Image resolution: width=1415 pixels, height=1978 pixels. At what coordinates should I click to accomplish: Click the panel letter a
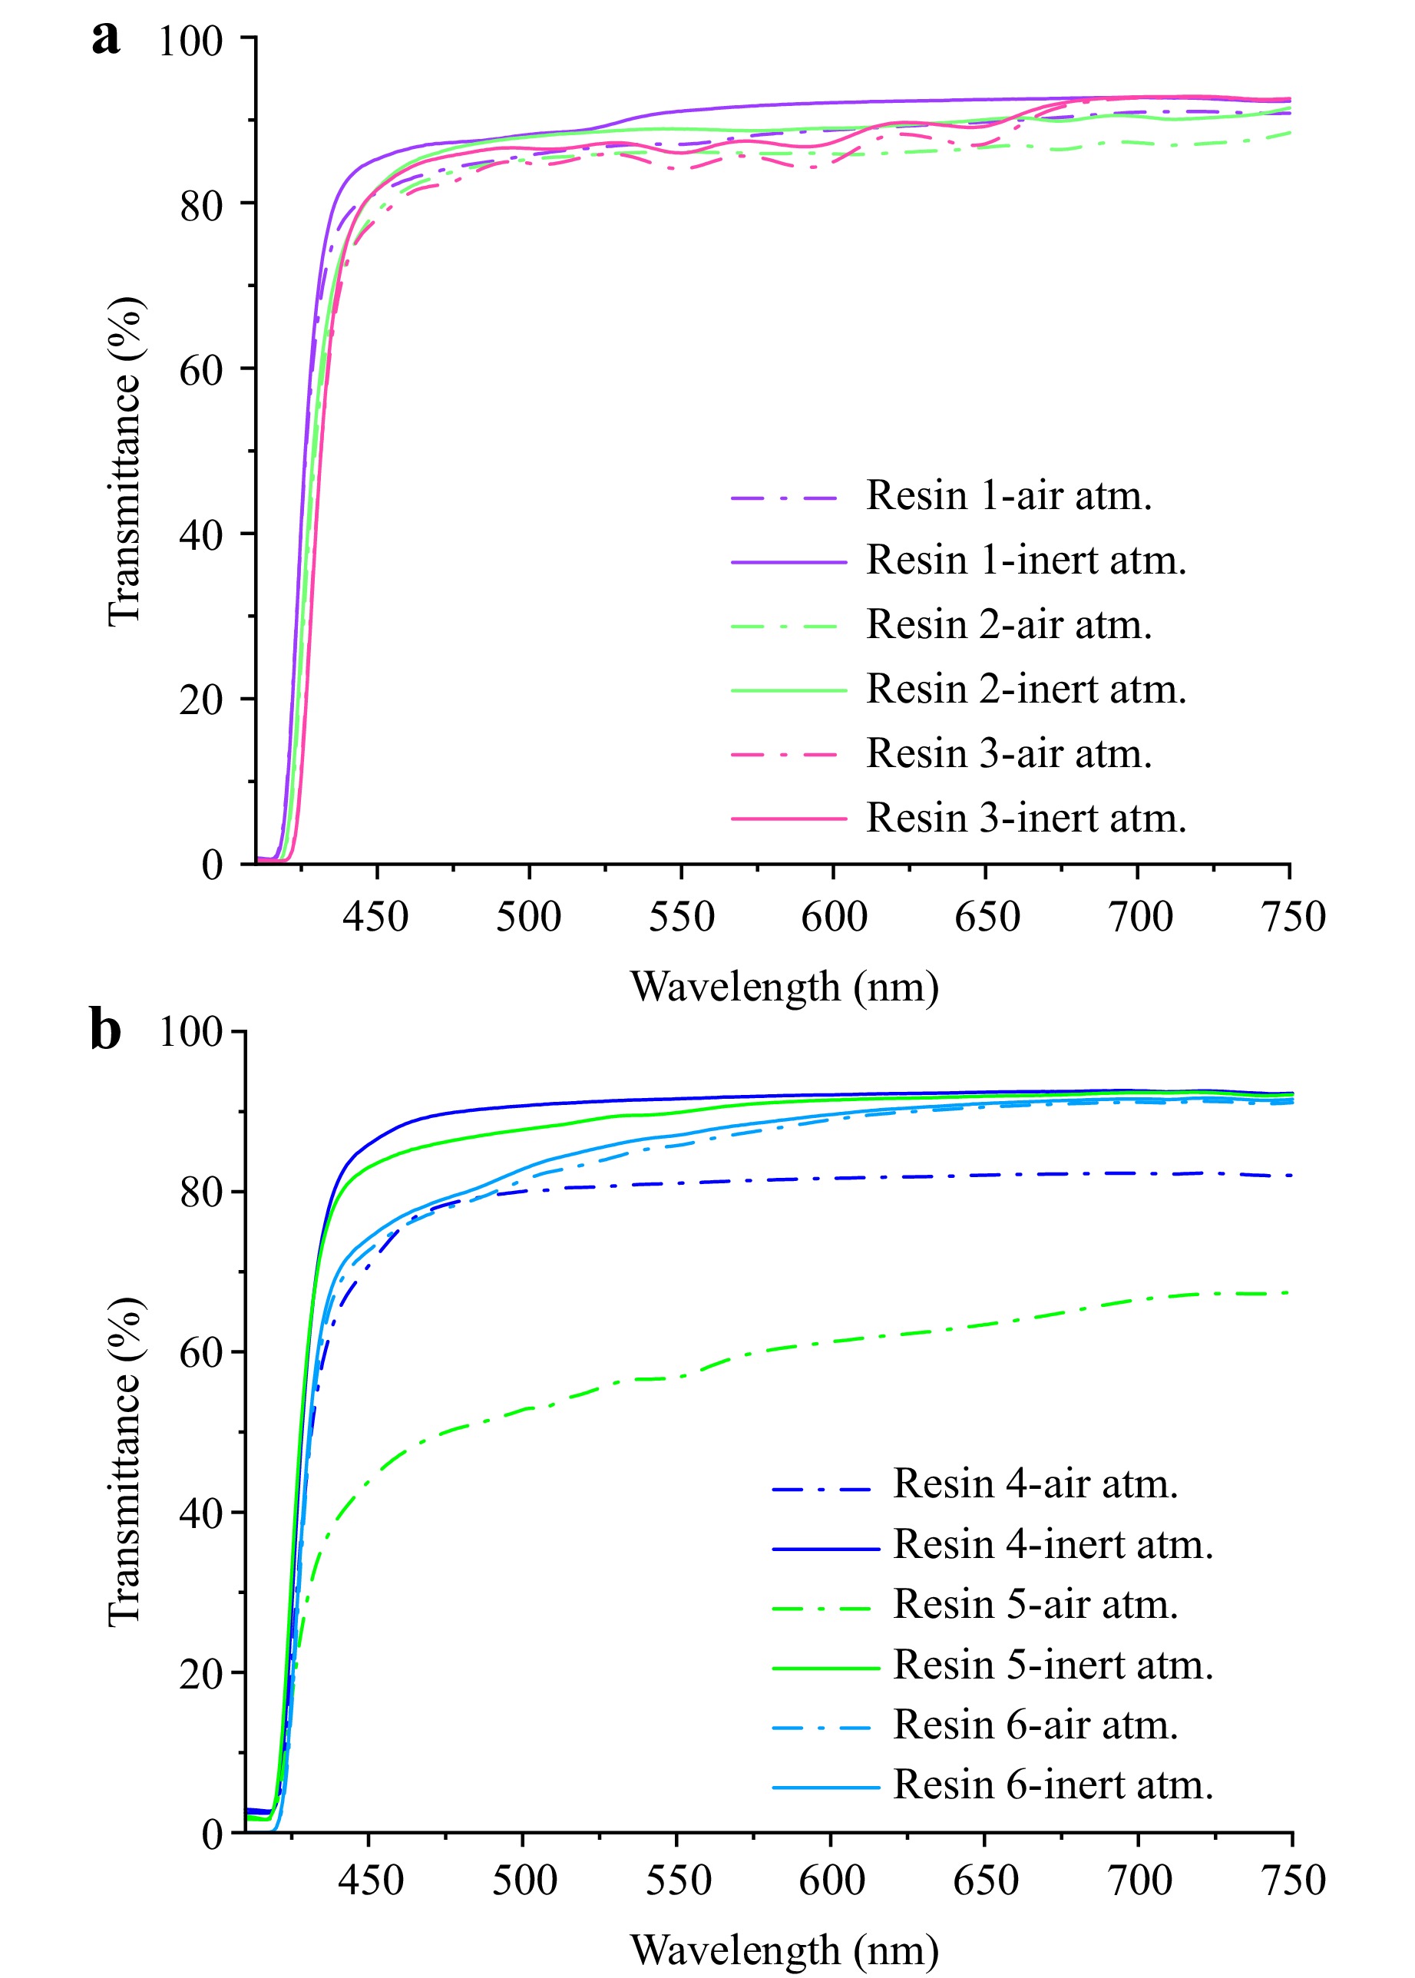click(x=105, y=40)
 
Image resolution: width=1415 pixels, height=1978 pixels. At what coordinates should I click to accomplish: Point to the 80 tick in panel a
click(x=202, y=205)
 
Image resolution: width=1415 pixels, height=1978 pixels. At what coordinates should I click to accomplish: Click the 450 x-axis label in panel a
click(x=375, y=918)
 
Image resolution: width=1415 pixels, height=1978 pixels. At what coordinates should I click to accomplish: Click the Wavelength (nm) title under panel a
click(x=784, y=987)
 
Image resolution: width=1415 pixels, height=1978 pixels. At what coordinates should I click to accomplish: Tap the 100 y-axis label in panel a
click(x=191, y=41)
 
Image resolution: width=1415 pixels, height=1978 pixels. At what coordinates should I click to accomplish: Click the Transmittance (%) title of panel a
click(x=124, y=461)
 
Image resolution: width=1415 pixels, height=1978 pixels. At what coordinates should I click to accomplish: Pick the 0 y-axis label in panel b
click(x=213, y=1834)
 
